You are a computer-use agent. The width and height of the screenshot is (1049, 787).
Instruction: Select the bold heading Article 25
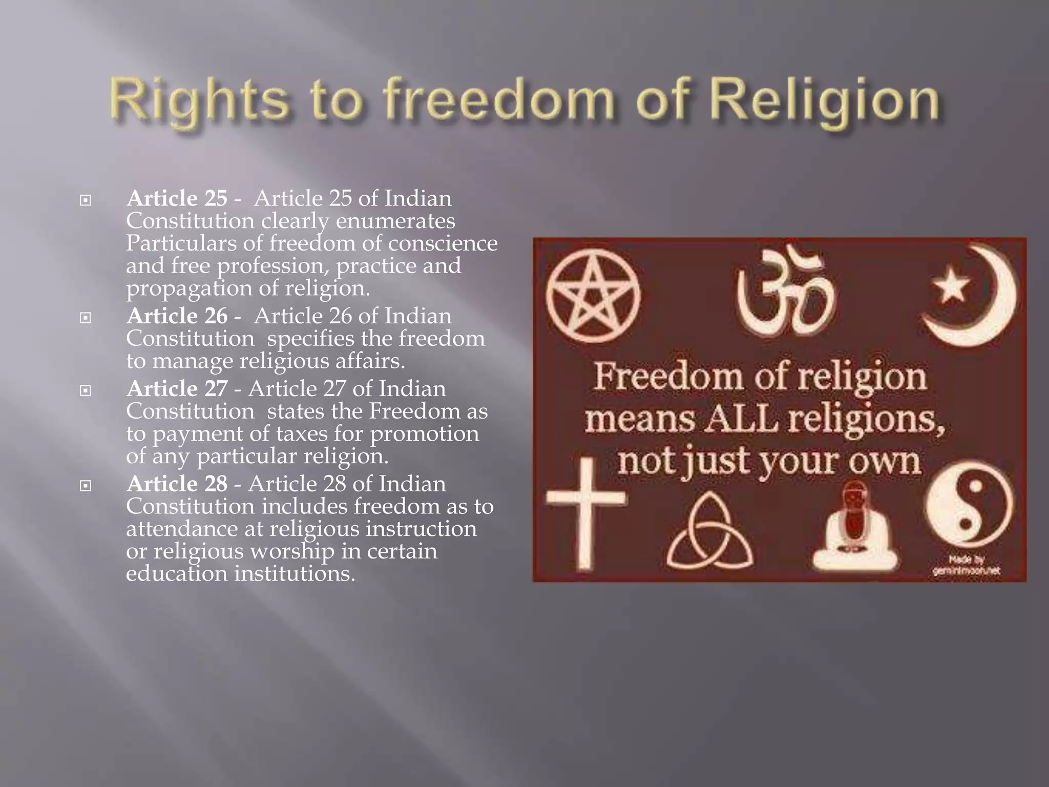click(177, 199)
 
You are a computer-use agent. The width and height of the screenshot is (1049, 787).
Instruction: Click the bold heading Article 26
click(177, 316)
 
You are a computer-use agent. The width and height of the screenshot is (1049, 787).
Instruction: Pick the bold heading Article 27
click(177, 389)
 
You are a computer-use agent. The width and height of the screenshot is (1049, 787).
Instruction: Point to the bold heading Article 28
click(177, 484)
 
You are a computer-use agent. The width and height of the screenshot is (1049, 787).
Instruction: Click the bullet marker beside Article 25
click(86, 200)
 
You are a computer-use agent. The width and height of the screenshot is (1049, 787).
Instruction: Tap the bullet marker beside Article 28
click(86, 485)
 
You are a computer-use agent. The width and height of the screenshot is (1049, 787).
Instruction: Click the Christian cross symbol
click(585, 512)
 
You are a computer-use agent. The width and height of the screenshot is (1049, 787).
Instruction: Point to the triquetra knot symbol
click(709, 535)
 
